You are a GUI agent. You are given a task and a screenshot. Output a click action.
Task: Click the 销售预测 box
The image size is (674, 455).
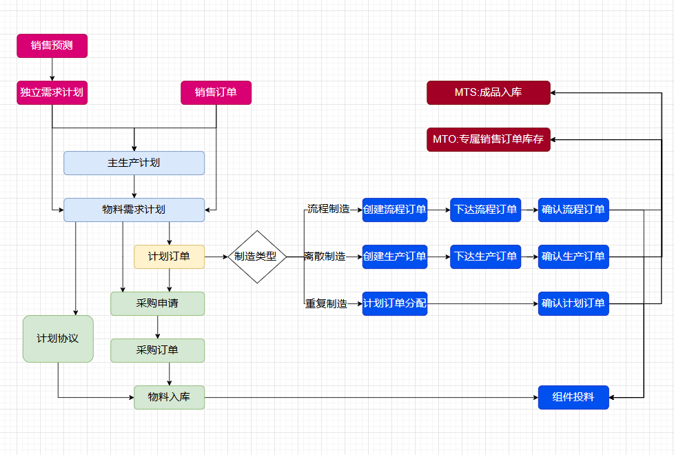52,46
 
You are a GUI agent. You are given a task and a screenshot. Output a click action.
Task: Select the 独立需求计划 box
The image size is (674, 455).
52,92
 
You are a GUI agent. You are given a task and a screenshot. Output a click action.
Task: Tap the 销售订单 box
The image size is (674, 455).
216,92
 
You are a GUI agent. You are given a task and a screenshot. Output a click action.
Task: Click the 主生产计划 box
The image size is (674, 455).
134,163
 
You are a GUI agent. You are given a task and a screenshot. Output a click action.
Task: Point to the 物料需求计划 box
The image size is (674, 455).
134,210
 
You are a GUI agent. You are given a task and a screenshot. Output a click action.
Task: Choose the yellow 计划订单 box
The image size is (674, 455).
170,256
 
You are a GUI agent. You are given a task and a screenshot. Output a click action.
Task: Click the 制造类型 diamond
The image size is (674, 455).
256,256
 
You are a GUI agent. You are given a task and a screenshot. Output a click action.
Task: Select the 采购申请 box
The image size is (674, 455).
158,303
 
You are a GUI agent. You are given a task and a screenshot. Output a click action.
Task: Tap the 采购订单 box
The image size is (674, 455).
158,350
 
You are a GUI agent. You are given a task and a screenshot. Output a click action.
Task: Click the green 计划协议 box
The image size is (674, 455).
58,338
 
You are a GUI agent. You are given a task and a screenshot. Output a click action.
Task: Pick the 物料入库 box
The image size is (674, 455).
170,397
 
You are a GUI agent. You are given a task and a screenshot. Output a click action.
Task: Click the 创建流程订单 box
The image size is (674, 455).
395,210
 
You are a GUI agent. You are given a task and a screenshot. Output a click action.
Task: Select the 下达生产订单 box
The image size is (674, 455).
486,256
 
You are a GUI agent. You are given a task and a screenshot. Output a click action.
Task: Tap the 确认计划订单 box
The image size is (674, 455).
573,303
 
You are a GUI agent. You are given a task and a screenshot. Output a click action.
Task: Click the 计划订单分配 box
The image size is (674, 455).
395,303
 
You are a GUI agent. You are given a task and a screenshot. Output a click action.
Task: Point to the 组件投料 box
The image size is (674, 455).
573,397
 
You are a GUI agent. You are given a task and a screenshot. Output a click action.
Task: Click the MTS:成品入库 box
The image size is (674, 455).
489,92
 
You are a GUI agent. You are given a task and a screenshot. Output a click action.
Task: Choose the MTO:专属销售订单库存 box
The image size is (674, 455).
489,139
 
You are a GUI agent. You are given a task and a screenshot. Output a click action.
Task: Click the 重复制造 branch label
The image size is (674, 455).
327,303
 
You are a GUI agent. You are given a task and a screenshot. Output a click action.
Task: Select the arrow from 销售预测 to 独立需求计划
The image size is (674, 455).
52,70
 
